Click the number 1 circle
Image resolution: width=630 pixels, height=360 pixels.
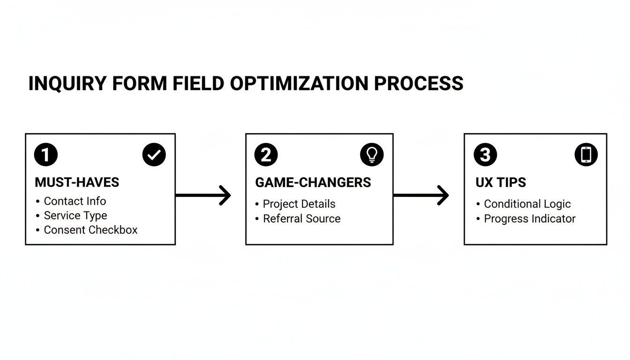46,155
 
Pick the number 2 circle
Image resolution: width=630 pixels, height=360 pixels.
266,155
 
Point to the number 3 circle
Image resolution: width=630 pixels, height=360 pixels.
485,155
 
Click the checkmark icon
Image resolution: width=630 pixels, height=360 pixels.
154,155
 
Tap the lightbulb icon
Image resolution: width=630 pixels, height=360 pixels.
372,155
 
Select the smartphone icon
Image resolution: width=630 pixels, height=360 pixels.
586,155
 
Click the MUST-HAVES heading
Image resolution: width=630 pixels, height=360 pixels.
77,182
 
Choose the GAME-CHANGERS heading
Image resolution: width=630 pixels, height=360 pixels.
313,182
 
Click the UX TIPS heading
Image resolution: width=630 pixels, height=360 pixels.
501,182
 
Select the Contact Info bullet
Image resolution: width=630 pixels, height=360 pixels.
75,201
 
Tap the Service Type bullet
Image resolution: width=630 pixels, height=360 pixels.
75,216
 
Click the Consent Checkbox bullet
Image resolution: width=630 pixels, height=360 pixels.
90,230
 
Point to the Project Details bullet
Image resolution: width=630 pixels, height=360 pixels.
299,204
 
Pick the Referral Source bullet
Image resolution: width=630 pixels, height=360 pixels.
301,218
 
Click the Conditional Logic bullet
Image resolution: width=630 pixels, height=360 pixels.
527,204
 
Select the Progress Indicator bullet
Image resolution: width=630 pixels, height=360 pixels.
529,218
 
